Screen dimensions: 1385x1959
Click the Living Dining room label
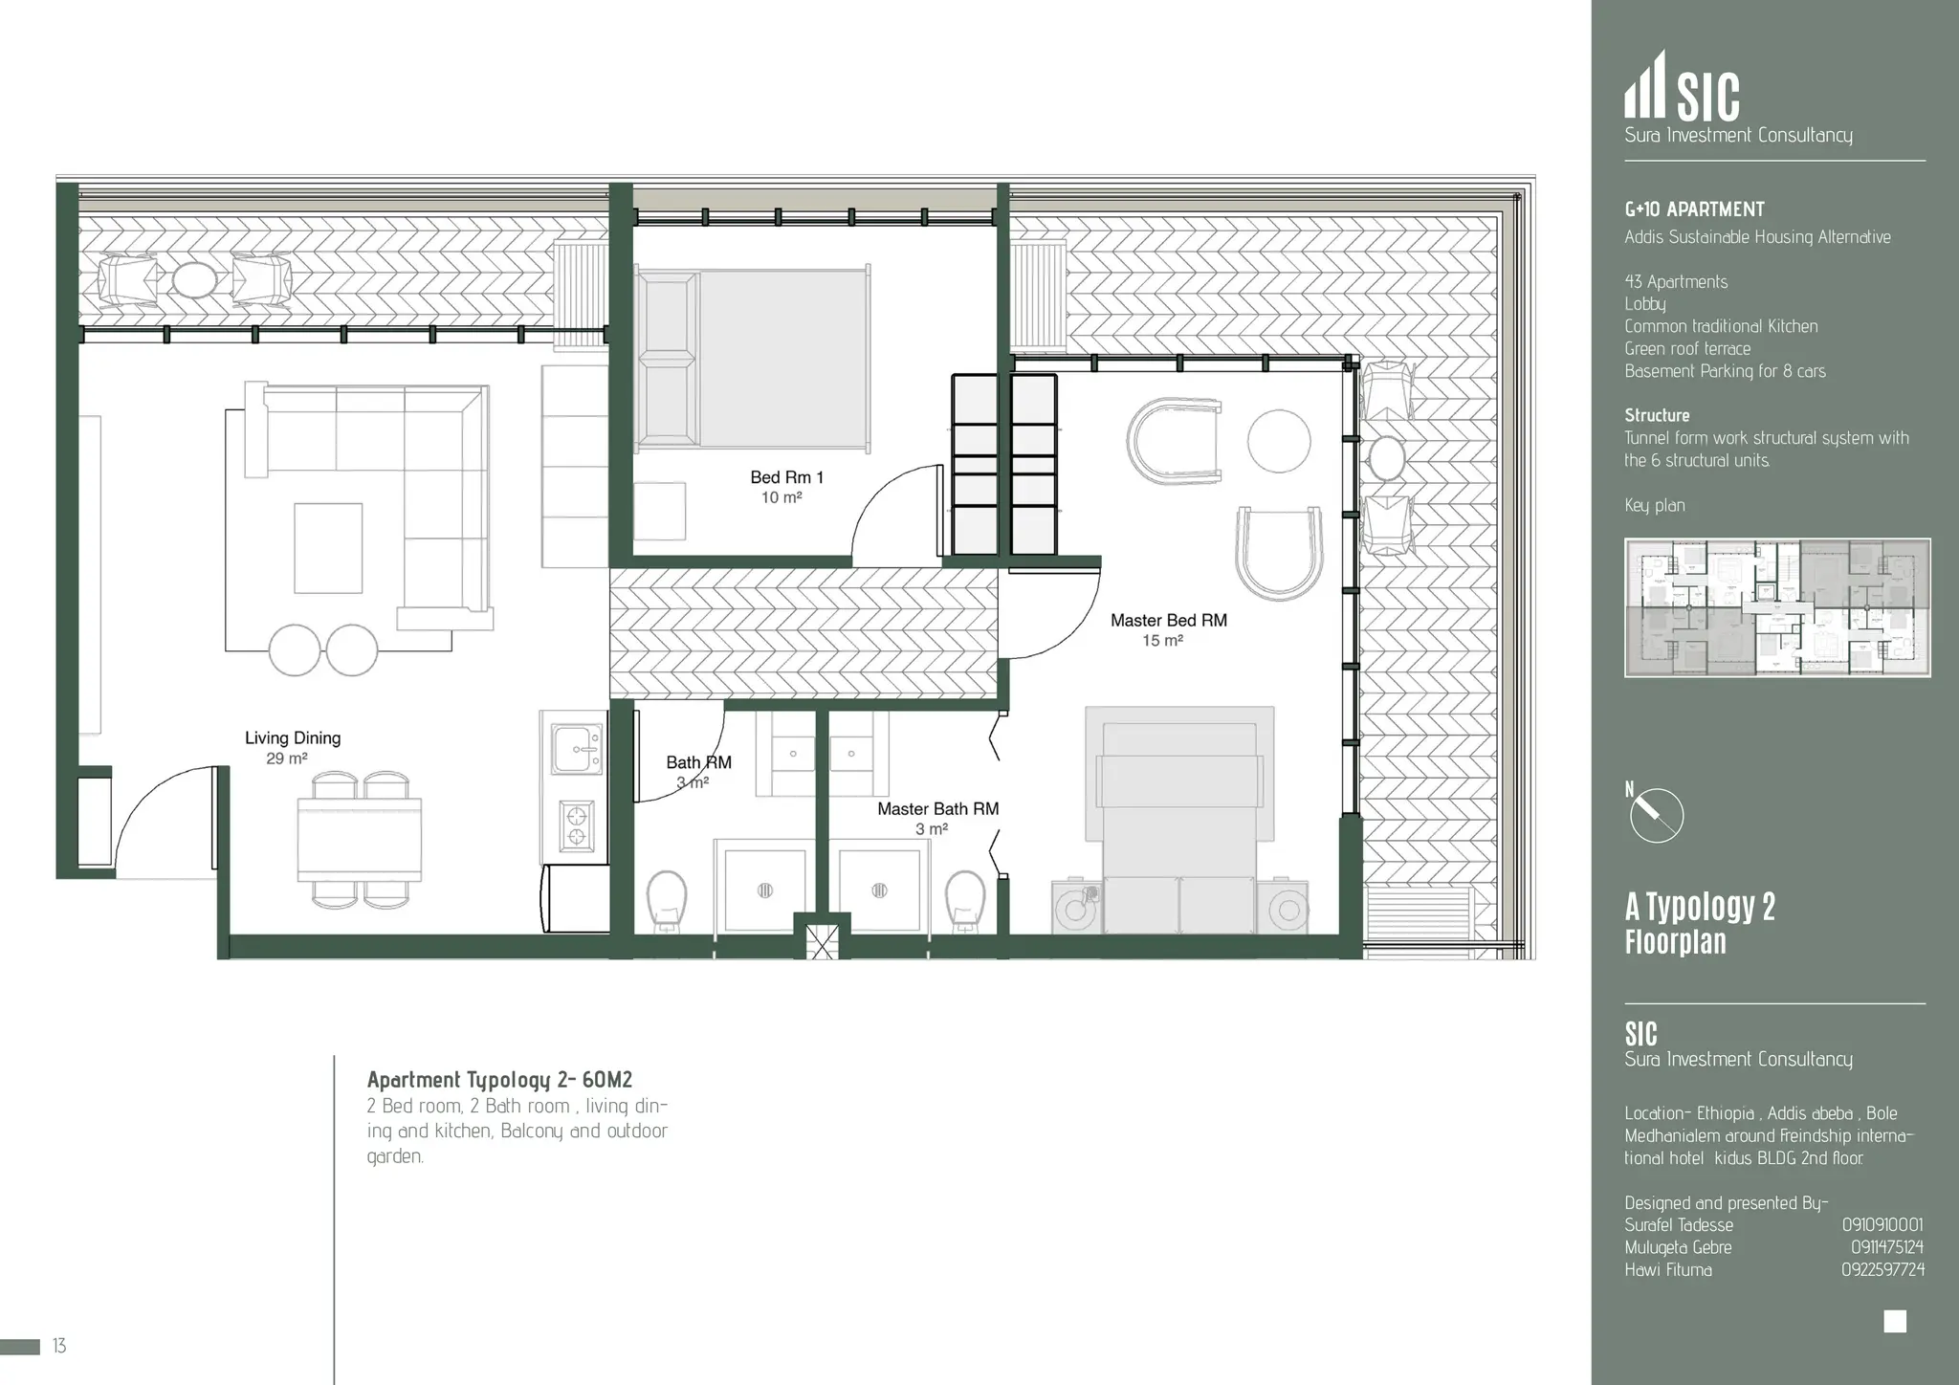point(293,737)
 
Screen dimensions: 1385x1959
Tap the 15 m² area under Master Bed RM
point(1162,641)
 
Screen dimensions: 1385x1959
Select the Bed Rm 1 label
point(786,476)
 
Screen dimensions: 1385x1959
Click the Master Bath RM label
point(937,808)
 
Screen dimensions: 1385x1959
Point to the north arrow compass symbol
point(1656,816)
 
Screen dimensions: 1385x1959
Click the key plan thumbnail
point(1776,607)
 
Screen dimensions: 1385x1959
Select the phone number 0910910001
point(1882,1224)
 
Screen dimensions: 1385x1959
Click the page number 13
point(59,1346)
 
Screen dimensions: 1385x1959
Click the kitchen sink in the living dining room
point(577,749)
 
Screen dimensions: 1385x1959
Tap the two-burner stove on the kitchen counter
point(577,826)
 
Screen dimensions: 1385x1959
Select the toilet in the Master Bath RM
point(964,899)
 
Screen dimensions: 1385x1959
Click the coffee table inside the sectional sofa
point(328,548)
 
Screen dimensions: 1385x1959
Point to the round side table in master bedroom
point(1278,441)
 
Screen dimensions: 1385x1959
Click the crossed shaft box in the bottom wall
point(822,939)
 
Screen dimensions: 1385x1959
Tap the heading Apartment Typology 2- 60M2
point(499,1080)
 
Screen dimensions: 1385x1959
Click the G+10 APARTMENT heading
point(1694,209)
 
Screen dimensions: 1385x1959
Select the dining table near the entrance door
point(359,839)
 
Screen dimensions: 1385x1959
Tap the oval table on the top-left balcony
point(194,279)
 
